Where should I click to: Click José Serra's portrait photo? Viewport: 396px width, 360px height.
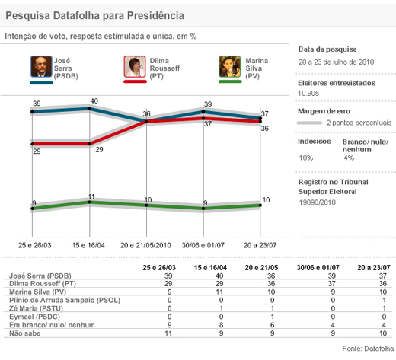click(41, 66)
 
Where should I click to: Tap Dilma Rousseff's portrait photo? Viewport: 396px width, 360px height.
click(135, 66)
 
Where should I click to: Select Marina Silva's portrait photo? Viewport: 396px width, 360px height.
click(230, 66)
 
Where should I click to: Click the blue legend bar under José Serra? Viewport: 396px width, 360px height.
click(41, 83)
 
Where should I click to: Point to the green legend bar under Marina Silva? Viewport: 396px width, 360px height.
click(230, 81)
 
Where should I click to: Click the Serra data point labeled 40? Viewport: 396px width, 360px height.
click(89, 109)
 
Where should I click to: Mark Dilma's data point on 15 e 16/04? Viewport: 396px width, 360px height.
click(89, 144)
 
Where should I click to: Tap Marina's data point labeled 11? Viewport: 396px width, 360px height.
click(89, 202)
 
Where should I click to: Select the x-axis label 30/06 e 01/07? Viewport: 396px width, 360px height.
click(203, 245)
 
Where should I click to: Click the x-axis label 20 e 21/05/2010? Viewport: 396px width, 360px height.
click(145, 245)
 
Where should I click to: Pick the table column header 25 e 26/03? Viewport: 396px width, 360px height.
click(159, 268)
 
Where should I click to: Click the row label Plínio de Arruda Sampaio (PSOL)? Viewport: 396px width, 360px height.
click(65, 300)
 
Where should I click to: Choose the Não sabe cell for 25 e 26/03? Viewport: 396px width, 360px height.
click(168, 333)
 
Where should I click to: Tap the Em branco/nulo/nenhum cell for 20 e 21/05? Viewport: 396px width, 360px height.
click(272, 325)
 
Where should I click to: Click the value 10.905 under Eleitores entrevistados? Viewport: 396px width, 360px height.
click(308, 94)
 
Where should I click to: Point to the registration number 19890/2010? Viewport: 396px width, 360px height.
click(318, 202)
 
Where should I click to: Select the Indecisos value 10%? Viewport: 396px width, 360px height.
click(306, 158)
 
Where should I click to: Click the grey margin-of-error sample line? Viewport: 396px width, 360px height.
click(309, 123)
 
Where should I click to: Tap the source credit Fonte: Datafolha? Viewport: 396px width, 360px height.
click(368, 349)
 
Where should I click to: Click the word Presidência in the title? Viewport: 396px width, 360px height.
click(155, 15)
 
